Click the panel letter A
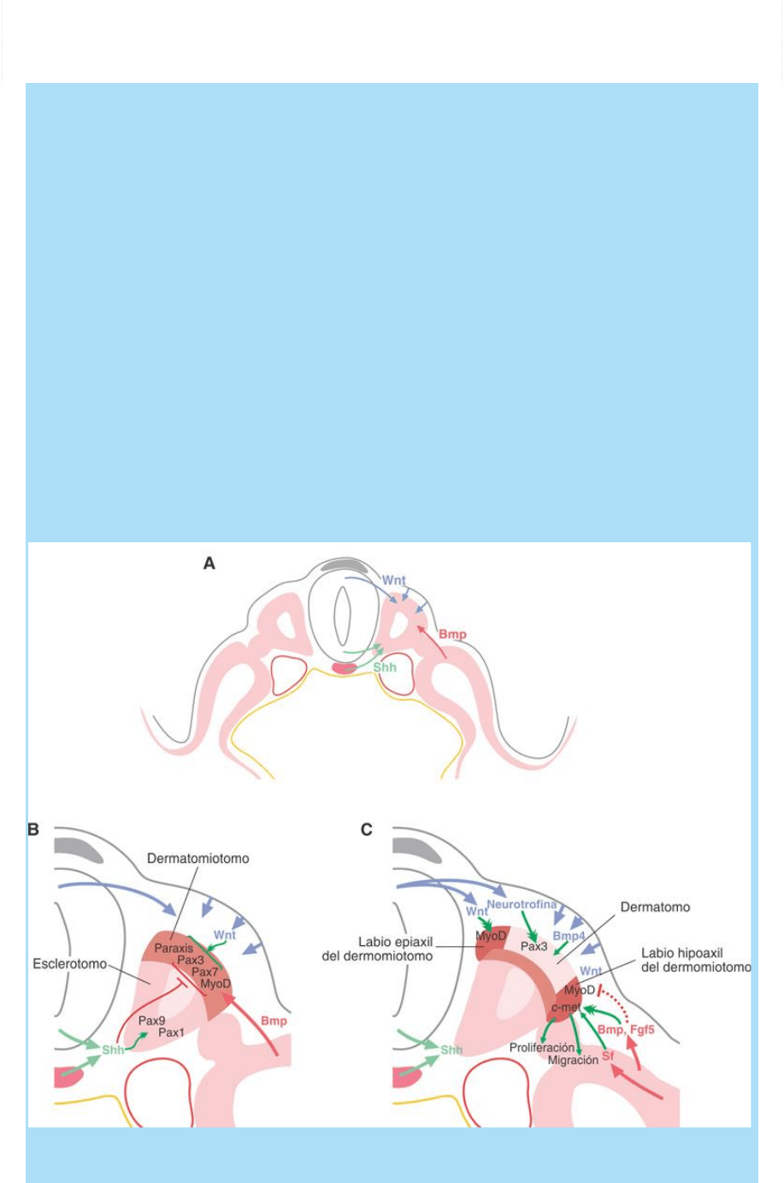[x=209, y=564]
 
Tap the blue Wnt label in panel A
[x=394, y=581]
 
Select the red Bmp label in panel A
[x=453, y=635]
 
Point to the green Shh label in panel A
[x=385, y=667]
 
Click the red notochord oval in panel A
[x=344, y=667]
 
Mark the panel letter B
[x=34, y=829]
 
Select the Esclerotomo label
[x=70, y=964]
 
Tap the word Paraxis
[x=174, y=949]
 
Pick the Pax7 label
[x=204, y=972]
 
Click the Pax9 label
[x=151, y=1020]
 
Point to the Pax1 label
[x=171, y=1032]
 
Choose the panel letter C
[x=367, y=829]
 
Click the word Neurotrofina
[x=522, y=904]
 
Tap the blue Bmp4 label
[x=569, y=936]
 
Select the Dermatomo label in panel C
[x=656, y=907]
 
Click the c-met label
[x=566, y=1008]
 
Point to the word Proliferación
[x=542, y=1048]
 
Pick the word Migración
[x=573, y=1061]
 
